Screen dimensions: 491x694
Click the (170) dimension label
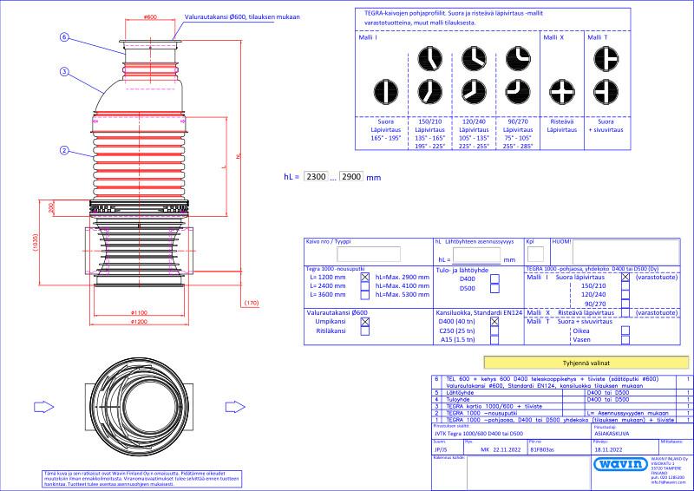[252, 303]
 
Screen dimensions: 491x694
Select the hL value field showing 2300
[318, 176]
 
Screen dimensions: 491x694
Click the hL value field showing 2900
[352, 176]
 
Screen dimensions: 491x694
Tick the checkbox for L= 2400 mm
[365, 285]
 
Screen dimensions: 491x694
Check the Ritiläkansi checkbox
[365, 331]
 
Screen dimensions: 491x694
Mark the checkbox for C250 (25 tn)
[494, 331]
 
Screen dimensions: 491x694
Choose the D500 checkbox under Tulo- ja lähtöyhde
[494, 288]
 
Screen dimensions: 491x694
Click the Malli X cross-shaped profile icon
[557, 90]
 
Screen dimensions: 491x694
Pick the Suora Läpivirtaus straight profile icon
[377, 90]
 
